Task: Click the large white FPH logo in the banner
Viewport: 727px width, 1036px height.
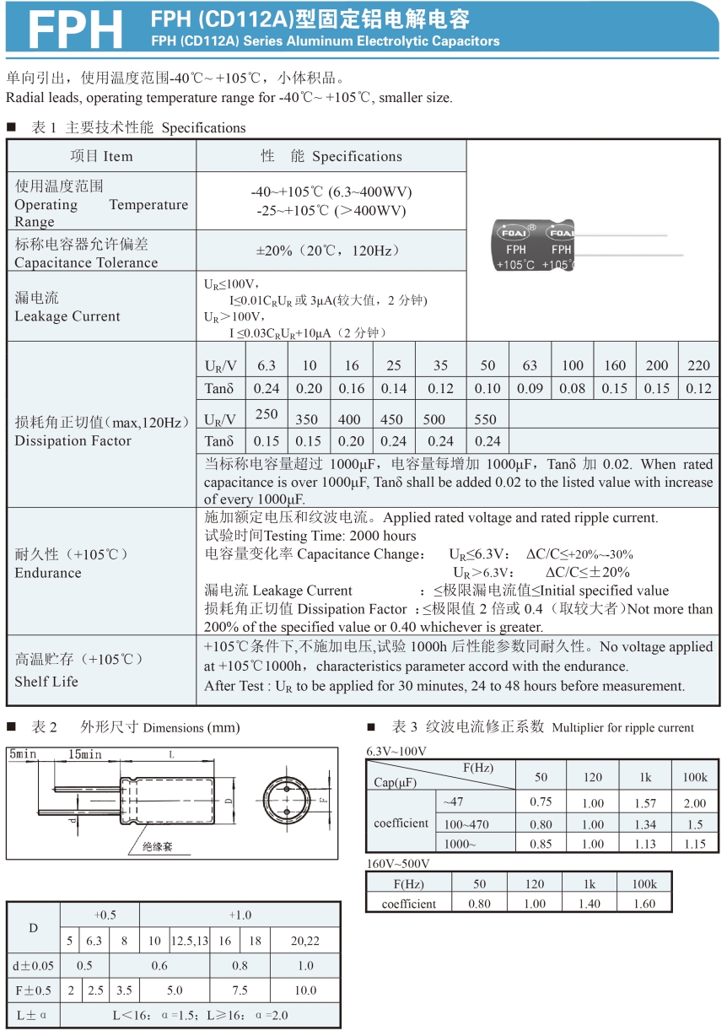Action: (x=75, y=30)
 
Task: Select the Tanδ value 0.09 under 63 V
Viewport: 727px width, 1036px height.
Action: (x=530, y=389)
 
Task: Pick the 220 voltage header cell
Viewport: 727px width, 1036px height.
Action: (x=698, y=365)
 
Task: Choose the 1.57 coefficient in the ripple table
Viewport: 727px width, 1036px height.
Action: (x=645, y=803)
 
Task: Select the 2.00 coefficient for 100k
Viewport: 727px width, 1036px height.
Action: (x=696, y=803)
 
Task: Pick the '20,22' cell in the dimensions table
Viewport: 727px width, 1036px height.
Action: (x=305, y=941)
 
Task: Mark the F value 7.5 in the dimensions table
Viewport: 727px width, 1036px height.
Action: (x=240, y=990)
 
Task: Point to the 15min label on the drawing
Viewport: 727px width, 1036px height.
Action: (x=85, y=754)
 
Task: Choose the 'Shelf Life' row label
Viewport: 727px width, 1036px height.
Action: (x=46, y=681)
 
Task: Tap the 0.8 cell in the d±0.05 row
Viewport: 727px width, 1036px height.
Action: (x=240, y=966)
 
